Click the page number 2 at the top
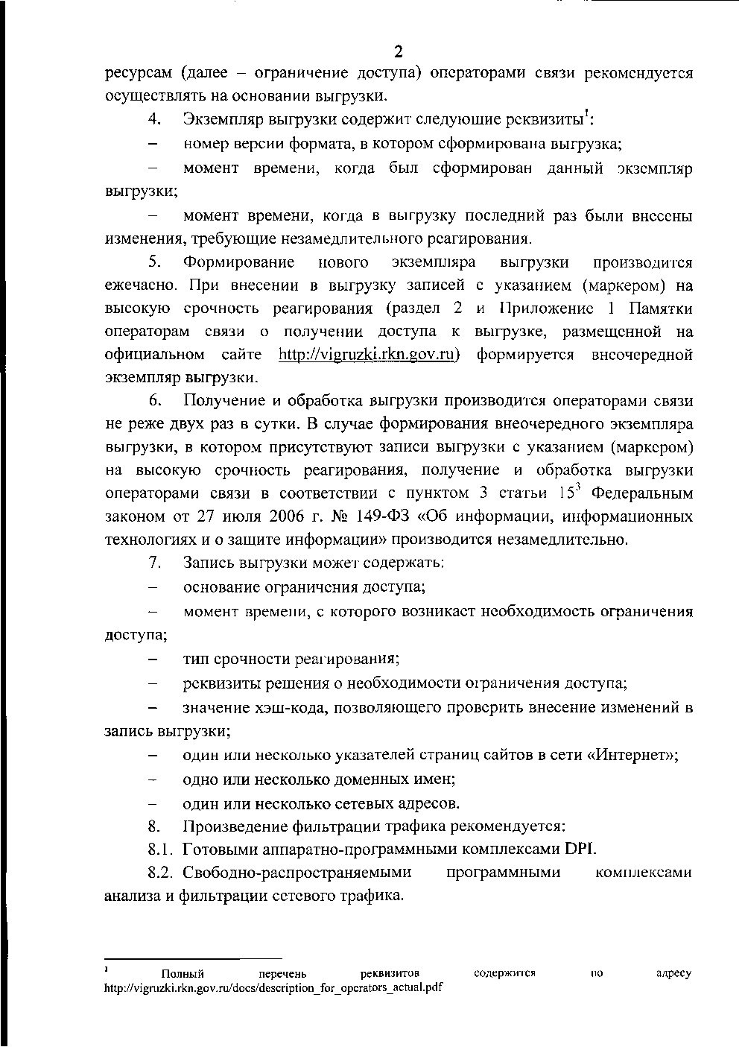(398, 51)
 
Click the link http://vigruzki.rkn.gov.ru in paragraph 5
(367, 355)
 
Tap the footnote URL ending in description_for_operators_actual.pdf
(273, 987)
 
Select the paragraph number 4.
(154, 119)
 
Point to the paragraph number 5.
(154, 262)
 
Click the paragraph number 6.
(154, 401)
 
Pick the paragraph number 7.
(154, 562)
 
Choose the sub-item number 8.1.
(160, 849)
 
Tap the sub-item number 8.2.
(160, 873)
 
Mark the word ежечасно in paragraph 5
(140, 285)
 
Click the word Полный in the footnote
(183, 974)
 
